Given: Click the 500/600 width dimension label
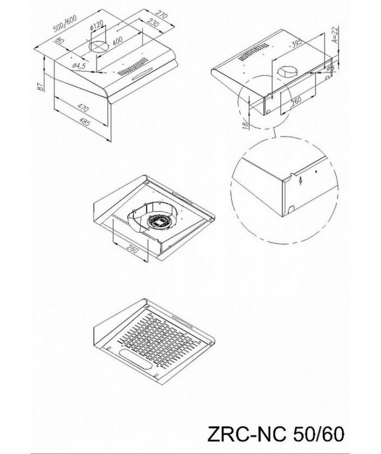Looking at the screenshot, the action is [x=65, y=23].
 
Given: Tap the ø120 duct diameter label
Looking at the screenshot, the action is [x=97, y=26].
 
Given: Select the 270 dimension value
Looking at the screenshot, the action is [x=161, y=15].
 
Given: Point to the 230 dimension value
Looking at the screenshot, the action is [x=153, y=23].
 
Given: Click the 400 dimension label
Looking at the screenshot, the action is [x=117, y=41].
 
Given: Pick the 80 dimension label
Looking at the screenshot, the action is [x=59, y=40].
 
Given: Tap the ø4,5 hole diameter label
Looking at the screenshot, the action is [x=79, y=66].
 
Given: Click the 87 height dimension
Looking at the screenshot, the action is [x=40, y=86].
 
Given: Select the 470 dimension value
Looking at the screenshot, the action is [x=83, y=109].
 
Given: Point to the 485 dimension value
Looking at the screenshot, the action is [x=84, y=123].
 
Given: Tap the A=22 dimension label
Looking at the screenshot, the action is [x=335, y=35].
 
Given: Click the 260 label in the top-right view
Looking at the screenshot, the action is [x=295, y=102].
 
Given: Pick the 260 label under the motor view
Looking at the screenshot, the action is [x=132, y=249].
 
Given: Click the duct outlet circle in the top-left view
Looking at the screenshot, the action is [x=99, y=47].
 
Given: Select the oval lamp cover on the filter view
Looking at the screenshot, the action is [x=136, y=359].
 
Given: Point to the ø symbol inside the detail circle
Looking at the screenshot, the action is [x=301, y=181].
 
